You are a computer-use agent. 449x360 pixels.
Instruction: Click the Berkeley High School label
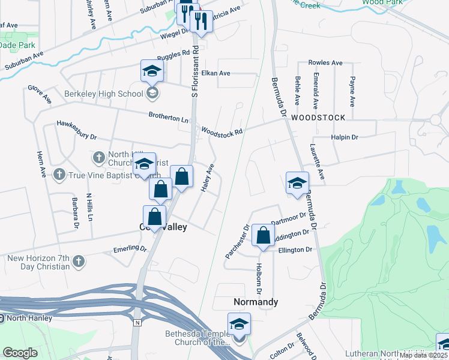(104, 94)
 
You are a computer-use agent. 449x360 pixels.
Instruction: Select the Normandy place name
(255, 302)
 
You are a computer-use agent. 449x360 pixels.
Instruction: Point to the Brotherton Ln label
(169, 118)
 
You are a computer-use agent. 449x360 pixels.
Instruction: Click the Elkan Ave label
(216, 73)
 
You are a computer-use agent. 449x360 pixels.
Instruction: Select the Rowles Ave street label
(325, 62)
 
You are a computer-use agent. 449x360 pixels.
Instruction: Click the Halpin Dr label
(345, 137)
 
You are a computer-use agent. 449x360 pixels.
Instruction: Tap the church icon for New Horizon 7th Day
(78, 262)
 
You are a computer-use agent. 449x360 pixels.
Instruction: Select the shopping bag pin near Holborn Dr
(263, 235)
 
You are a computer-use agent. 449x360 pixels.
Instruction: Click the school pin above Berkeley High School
(152, 71)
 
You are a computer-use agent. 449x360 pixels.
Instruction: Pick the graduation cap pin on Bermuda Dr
(297, 184)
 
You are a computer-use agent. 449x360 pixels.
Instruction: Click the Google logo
(20, 353)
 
